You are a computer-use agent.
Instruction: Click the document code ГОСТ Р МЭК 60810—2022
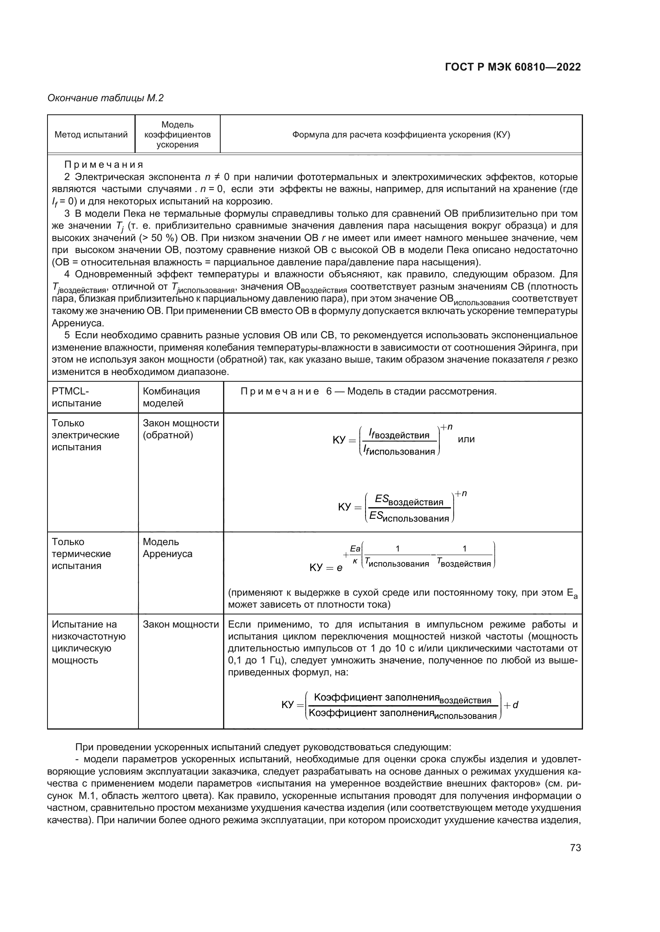pyautogui.click(x=512, y=67)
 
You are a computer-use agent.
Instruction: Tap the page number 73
pyautogui.click(x=575, y=848)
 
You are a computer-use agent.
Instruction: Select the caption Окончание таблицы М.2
pyautogui.click(x=105, y=98)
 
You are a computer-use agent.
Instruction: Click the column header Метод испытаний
pyautogui.click(x=91, y=135)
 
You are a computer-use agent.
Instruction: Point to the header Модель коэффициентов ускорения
pyautogui.click(x=178, y=135)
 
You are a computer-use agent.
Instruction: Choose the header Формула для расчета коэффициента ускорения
pyautogui.click(x=401, y=135)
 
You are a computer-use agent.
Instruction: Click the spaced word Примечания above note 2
pyautogui.click(x=104, y=165)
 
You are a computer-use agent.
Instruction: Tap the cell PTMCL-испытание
pyautogui.click(x=76, y=397)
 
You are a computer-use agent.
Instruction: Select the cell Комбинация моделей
pyautogui.click(x=171, y=397)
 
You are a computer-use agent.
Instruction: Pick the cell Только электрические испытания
pyautogui.click(x=85, y=435)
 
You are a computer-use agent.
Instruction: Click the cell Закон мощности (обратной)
pyautogui.click(x=180, y=429)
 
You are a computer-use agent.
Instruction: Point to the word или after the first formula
pyautogui.click(x=466, y=439)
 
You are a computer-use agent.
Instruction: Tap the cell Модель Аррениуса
pyautogui.click(x=167, y=547)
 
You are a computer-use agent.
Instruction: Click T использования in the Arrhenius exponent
pyautogui.click(x=397, y=563)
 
